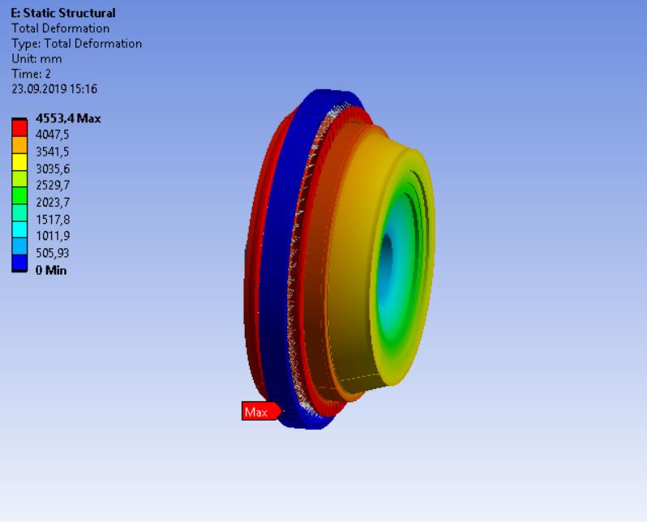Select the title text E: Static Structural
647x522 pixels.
click(x=63, y=13)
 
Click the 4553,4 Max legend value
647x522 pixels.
click(x=68, y=118)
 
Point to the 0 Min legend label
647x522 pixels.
click(x=50, y=270)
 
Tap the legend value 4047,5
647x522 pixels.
click(x=53, y=134)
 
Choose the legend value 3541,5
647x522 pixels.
click(x=53, y=152)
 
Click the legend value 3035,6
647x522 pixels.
click(x=53, y=169)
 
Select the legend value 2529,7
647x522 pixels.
click(x=53, y=186)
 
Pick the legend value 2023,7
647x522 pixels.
click(x=53, y=202)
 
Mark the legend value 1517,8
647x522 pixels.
click(x=53, y=219)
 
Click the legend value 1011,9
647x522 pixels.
click(x=53, y=236)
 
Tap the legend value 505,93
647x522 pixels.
click(x=53, y=253)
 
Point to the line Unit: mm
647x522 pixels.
click(x=36, y=59)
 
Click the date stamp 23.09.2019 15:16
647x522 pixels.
click(x=54, y=89)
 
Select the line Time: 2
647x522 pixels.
click(x=32, y=74)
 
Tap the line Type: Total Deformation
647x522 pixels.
click(x=76, y=44)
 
